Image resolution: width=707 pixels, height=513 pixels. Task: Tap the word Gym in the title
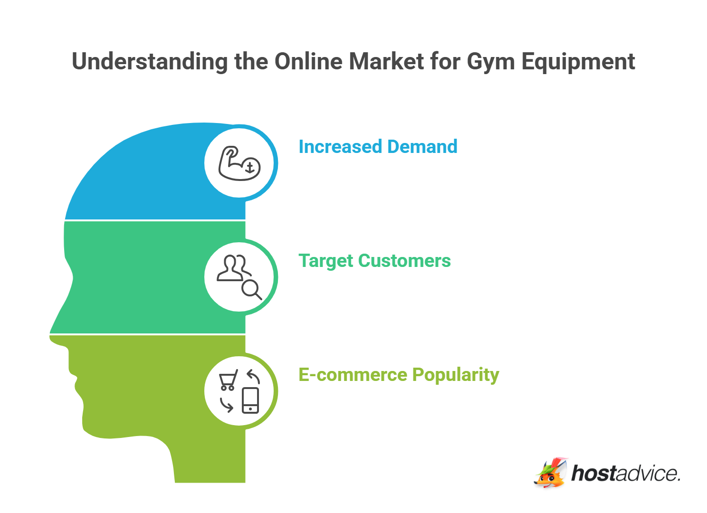click(x=491, y=62)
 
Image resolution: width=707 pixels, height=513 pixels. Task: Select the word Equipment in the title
click(x=578, y=62)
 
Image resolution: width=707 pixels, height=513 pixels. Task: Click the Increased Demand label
click(x=378, y=147)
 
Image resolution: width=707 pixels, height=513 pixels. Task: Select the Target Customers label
click(x=374, y=261)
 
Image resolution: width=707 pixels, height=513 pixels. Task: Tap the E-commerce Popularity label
click(x=399, y=375)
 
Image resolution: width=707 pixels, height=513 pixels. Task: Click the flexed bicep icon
click(x=239, y=163)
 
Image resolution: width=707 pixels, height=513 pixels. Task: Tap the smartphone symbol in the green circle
click(x=250, y=400)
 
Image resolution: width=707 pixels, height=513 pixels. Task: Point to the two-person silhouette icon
click(x=233, y=268)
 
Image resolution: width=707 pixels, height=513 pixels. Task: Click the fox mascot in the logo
click(x=551, y=473)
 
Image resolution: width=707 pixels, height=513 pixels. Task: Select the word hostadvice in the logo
click(x=626, y=474)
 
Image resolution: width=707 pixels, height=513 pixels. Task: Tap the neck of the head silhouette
click(x=209, y=461)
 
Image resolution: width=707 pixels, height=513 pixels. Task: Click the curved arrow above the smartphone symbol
click(x=254, y=377)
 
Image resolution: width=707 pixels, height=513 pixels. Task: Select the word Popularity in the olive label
click(x=456, y=375)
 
